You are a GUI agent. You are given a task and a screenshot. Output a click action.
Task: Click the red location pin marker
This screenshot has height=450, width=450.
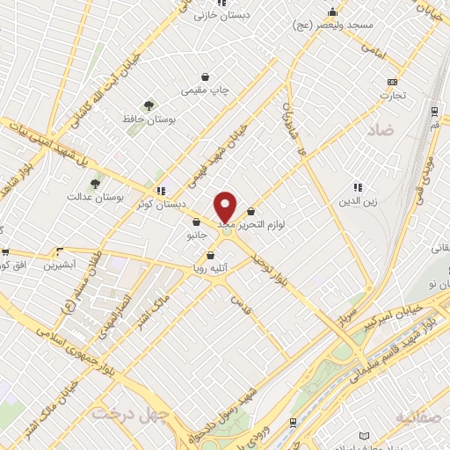tap(226, 207)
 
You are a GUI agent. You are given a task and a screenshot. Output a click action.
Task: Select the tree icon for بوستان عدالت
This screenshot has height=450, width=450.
tap(95, 184)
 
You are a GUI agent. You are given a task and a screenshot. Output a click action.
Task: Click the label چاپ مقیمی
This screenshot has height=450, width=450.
tap(204, 90)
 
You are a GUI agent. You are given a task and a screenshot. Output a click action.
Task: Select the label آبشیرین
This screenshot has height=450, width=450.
tap(61, 264)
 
